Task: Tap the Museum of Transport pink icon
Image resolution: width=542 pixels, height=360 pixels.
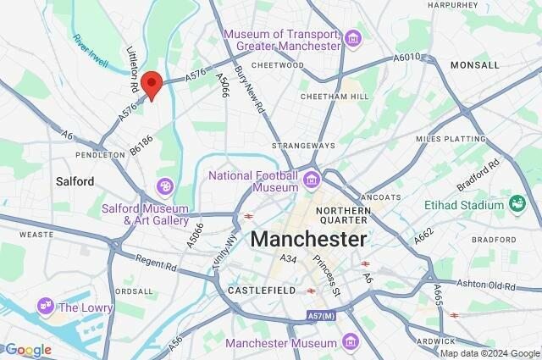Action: pyautogui.click(x=353, y=39)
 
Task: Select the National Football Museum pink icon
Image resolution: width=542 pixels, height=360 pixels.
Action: pyautogui.click(x=312, y=179)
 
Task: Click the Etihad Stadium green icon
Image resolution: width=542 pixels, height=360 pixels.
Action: pyautogui.click(x=517, y=203)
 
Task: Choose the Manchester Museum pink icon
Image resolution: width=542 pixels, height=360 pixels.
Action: pyautogui.click(x=351, y=342)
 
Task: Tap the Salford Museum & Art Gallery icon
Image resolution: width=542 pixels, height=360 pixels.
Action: pyautogui.click(x=166, y=185)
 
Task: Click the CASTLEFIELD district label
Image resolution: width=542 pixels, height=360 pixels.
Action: pyautogui.click(x=262, y=291)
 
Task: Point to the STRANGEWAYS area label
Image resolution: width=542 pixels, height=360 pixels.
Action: pyautogui.click(x=298, y=146)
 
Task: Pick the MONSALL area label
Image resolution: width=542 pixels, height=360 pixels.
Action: pyautogui.click(x=498, y=64)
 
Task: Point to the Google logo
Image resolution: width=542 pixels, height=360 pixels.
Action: pyautogui.click(x=27, y=350)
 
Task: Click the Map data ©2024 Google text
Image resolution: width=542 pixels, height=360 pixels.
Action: pyautogui.click(x=489, y=353)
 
